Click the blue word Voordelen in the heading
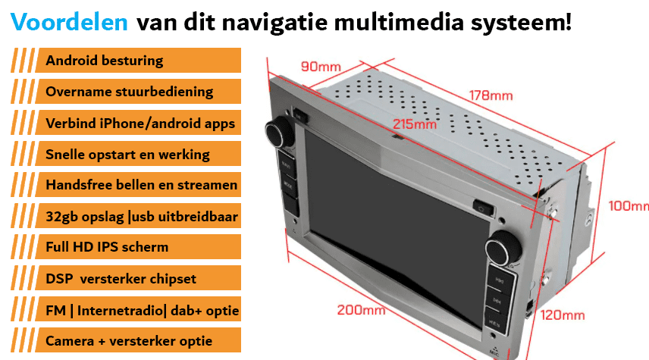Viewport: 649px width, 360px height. (x=69, y=22)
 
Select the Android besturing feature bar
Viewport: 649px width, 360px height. (x=138, y=61)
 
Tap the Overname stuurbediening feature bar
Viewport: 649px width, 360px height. (x=138, y=92)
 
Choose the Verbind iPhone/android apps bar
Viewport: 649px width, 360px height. (x=138, y=123)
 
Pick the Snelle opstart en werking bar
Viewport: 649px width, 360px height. (x=138, y=154)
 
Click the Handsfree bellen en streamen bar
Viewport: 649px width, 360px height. (x=138, y=185)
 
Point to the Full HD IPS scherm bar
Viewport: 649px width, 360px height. (x=138, y=247)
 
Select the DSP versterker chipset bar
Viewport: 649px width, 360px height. (x=138, y=278)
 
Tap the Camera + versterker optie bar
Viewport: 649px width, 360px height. (x=138, y=340)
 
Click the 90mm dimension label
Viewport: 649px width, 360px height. (x=321, y=67)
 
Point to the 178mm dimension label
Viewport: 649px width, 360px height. (x=491, y=95)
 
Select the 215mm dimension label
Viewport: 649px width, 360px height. (x=414, y=124)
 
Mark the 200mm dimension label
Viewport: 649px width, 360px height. (x=361, y=310)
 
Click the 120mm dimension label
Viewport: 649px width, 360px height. (x=563, y=315)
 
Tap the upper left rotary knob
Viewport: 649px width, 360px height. (x=281, y=132)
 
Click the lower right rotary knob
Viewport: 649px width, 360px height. (x=503, y=247)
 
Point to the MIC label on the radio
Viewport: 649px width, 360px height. (x=494, y=352)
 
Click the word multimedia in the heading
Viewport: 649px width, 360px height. (x=399, y=22)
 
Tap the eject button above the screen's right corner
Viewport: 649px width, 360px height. (x=483, y=208)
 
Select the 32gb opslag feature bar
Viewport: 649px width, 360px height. (x=138, y=215)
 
